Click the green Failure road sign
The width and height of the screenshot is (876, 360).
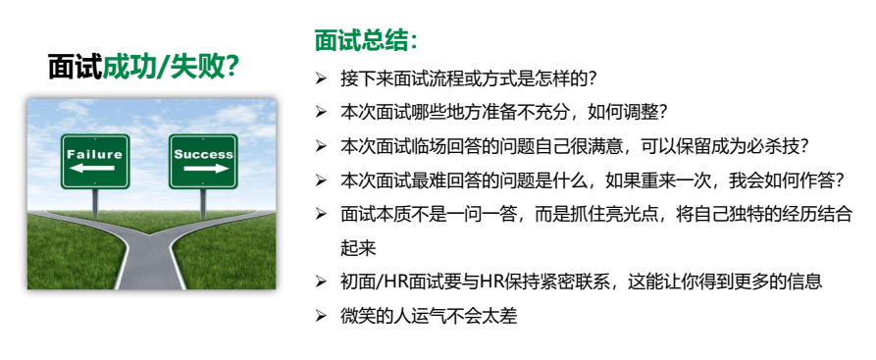pos(95,162)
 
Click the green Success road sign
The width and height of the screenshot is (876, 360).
pos(203,162)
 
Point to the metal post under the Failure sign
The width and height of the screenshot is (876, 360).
pos(95,203)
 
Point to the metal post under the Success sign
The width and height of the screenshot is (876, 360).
pos(203,203)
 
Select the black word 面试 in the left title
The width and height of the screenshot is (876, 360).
pos(75,68)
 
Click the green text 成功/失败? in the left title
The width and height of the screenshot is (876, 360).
pos(172,68)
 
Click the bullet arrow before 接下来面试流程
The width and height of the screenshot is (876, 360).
pos(320,78)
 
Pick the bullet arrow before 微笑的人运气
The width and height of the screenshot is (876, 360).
pos(320,317)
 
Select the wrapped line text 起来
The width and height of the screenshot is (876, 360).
pos(358,248)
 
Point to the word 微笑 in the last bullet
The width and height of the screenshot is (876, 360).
pos(358,317)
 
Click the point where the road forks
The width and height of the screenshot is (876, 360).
pos(151,233)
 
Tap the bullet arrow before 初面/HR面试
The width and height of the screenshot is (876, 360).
pos(320,282)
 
